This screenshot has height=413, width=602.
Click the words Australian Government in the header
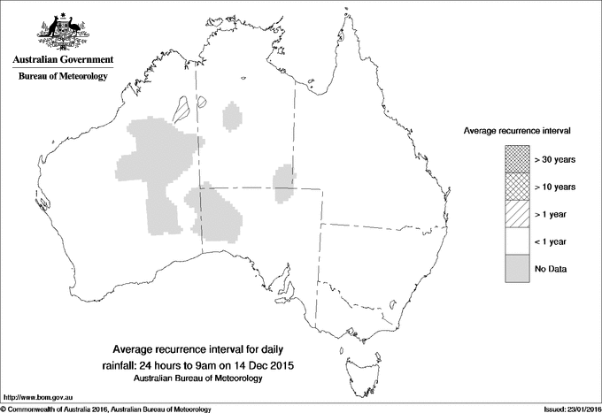62,60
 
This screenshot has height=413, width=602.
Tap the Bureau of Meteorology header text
62,77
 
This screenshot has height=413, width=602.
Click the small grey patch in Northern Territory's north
233,115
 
